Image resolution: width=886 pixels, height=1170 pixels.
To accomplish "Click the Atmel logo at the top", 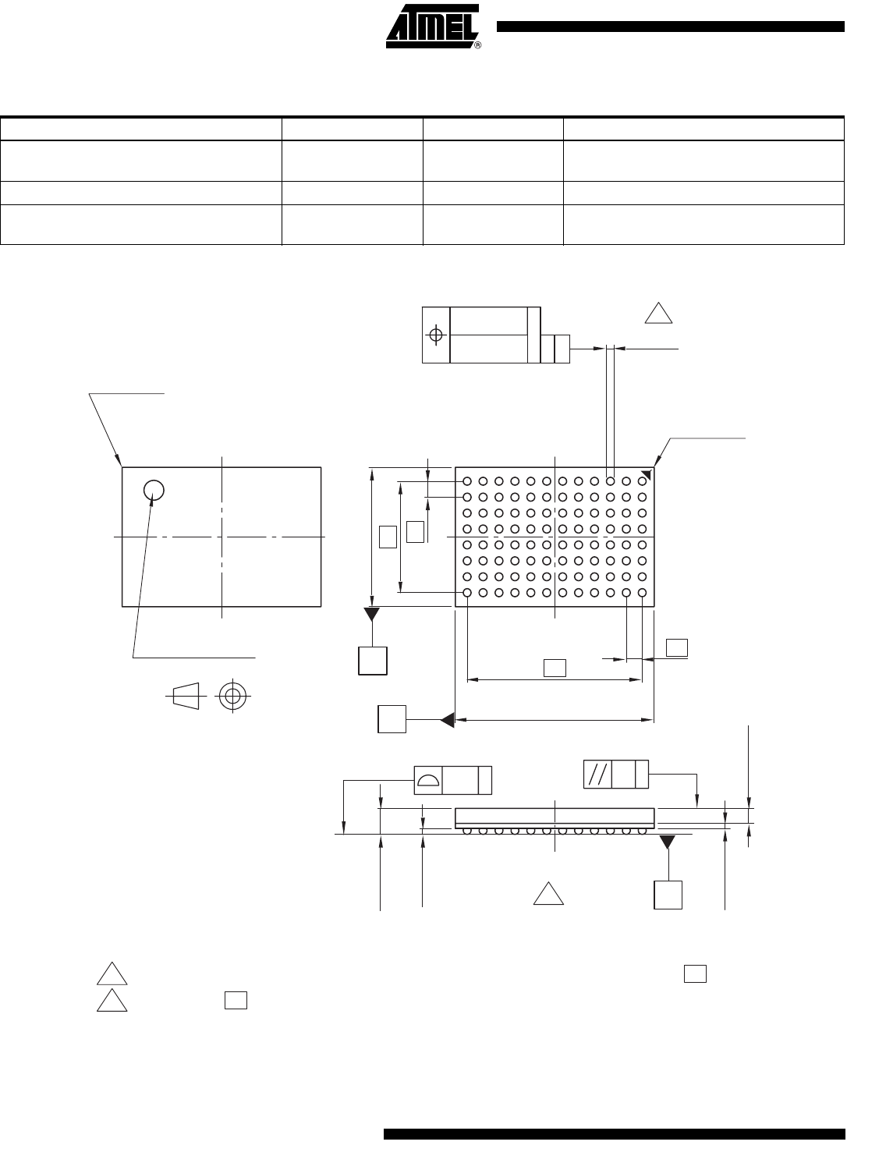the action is [x=432, y=26].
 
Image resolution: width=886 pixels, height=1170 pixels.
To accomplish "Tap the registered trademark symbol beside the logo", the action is [x=478, y=45].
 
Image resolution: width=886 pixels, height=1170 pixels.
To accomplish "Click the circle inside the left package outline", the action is [x=154, y=490].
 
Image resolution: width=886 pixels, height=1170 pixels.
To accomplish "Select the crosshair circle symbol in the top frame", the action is [x=436, y=335].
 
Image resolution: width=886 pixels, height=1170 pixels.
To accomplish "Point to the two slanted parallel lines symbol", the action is [x=597, y=775].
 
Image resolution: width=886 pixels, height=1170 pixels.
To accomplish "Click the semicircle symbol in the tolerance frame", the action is [x=428, y=781].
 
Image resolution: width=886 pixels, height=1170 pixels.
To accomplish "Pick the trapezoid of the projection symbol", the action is [x=186, y=696].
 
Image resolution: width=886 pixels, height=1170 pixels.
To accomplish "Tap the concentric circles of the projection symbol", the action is [x=233, y=696].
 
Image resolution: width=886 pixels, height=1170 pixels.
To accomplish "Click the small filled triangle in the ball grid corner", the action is [x=647, y=475].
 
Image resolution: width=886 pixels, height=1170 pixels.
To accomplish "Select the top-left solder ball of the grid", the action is [x=467, y=481].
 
